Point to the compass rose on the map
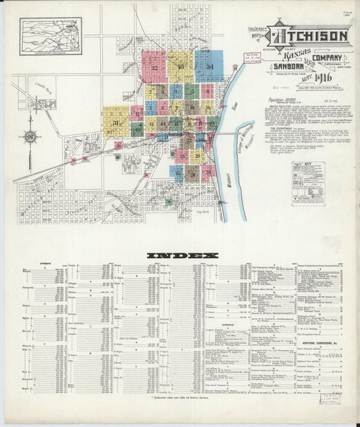point(30,137)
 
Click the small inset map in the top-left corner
point(51,35)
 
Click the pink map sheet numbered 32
point(155,67)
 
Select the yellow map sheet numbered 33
point(181,67)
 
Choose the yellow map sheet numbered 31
point(116,122)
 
